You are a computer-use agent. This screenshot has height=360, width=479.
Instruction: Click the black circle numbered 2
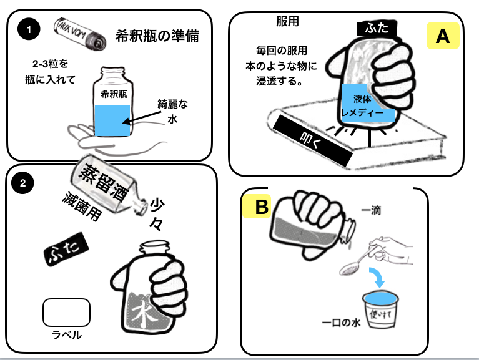[x=23, y=183]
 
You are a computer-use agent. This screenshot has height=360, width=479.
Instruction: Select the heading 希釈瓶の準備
[x=157, y=36]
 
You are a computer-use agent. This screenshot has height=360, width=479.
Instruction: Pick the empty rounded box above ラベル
[x=67, y=313]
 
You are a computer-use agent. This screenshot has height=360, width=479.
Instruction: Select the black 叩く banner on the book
[x=312, y=139]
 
